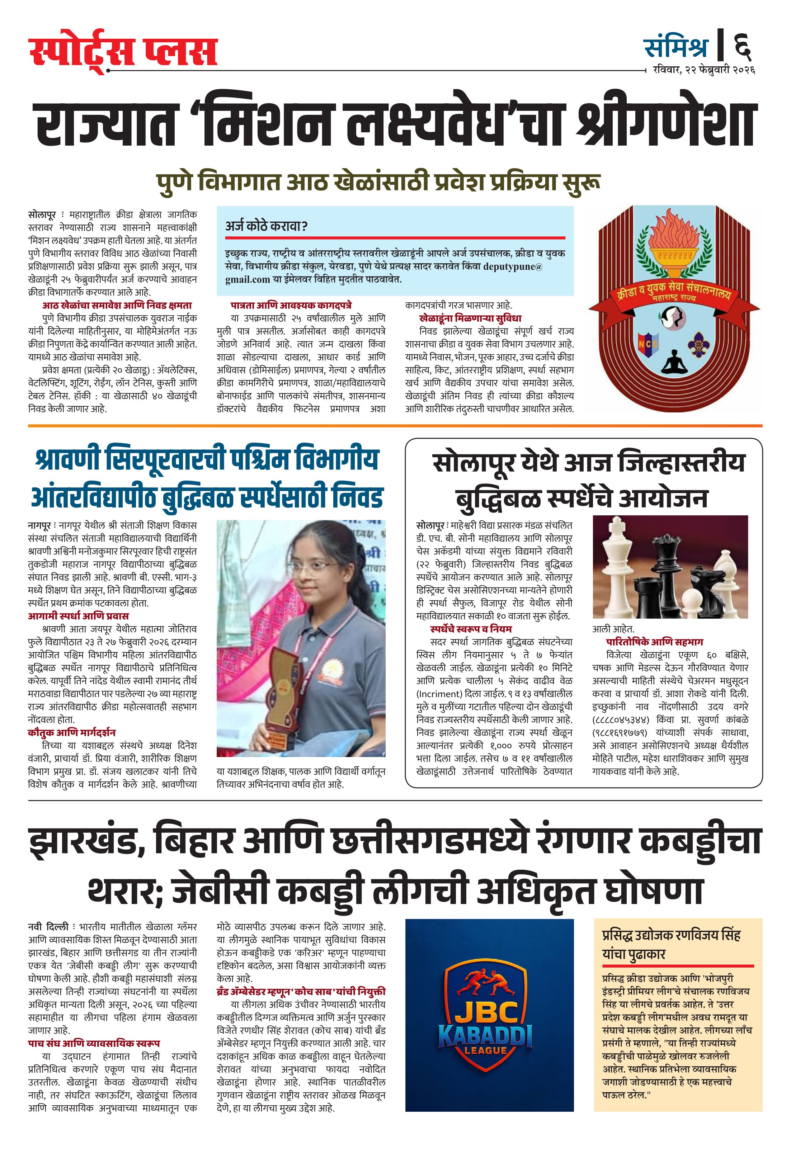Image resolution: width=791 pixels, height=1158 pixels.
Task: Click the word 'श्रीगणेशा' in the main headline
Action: click(667, 124)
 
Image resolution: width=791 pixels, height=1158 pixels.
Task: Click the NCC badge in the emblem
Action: click(649, 343)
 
